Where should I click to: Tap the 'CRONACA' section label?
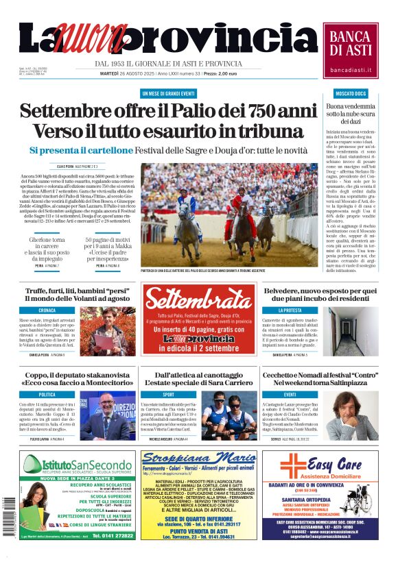click(47, 310)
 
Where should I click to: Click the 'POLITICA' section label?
click(47, 395)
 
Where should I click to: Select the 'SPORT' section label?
click(168, 395)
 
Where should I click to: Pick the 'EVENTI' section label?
click(290, 395)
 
